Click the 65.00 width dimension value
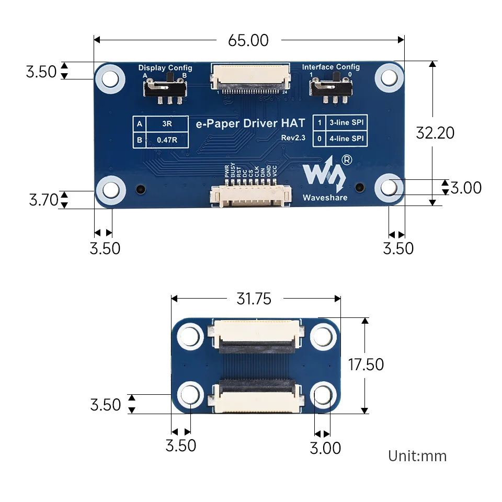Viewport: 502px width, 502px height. [248, 40]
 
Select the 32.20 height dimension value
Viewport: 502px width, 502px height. [435, 133]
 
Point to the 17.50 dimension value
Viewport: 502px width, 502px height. [366, 364]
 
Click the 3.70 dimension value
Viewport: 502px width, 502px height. [43, 200]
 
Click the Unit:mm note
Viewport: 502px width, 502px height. [417, 456]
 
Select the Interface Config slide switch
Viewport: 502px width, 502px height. [330, 88]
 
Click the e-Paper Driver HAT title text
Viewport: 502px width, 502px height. [250, 124]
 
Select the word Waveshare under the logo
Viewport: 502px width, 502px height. [325, 197]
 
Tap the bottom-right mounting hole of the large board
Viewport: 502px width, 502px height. [389, 188]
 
